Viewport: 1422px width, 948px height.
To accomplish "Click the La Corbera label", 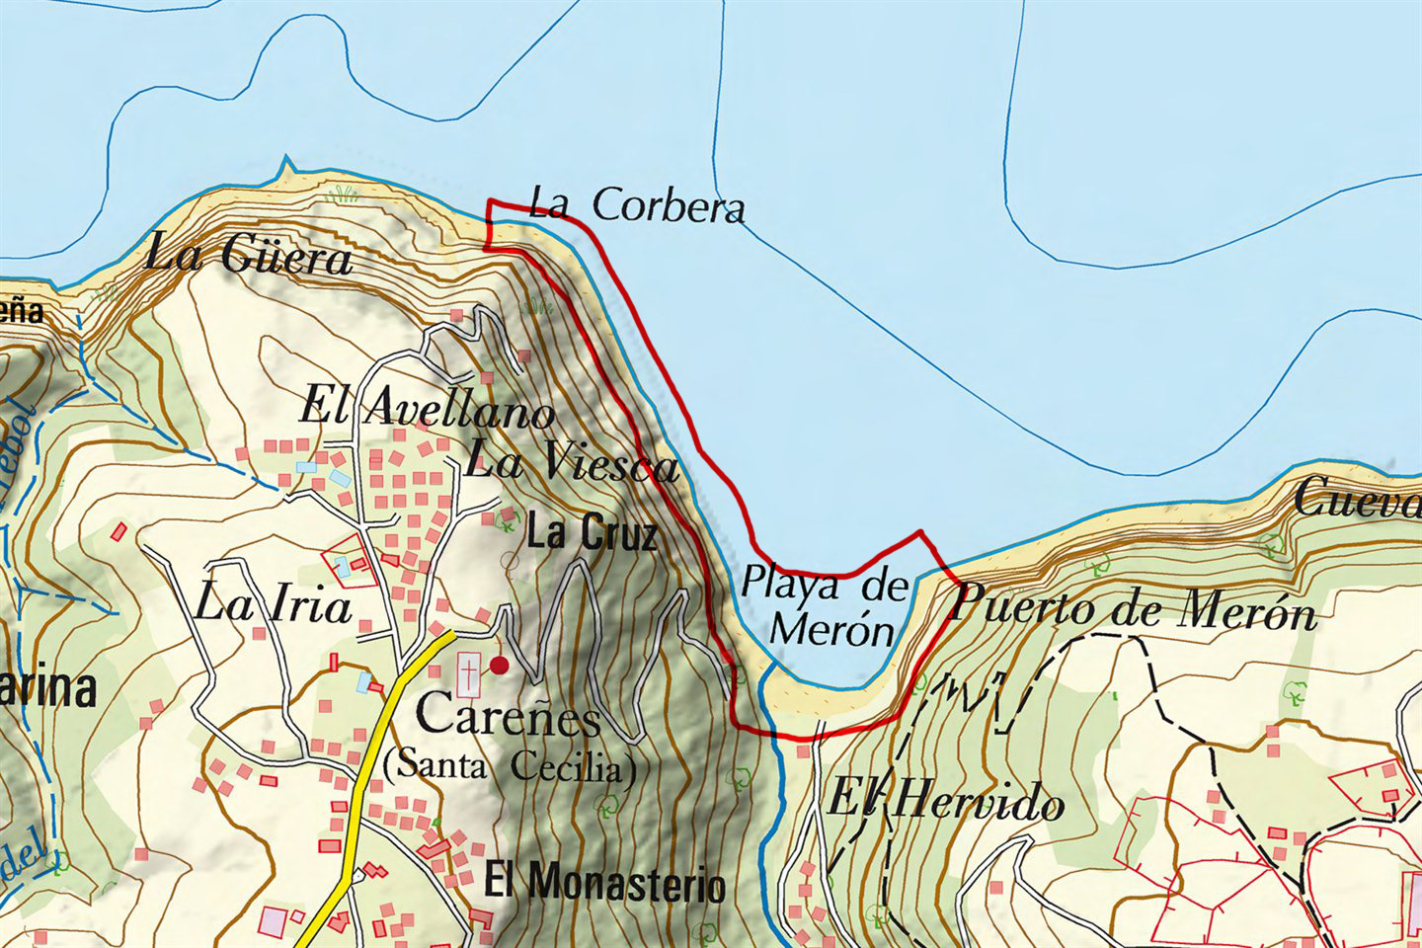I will pos(637,205).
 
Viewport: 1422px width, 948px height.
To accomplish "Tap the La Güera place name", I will pos(248,257).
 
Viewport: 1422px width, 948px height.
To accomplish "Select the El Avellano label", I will pos(427,408).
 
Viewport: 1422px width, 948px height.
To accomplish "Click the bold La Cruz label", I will pos(592,534).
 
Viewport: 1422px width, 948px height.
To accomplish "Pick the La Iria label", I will pos(273,604).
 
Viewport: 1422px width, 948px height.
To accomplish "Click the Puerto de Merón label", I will pos(1134,609).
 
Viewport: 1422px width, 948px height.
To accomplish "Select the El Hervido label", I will pos(945,801).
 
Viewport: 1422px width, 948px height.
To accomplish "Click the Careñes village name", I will pos(509,714).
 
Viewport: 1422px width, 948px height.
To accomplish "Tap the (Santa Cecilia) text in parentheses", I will pos(510,766).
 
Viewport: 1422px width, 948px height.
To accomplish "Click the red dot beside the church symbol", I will pos(500,666).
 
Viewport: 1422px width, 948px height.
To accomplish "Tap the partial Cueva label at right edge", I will pos(1358,499).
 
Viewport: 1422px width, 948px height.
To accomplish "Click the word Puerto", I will pos(1017,605).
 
